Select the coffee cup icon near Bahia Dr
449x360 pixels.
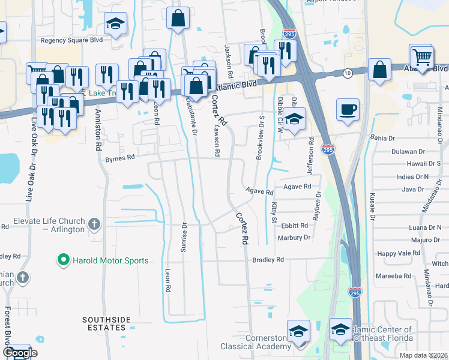pyautogui.click(x=348, y=110)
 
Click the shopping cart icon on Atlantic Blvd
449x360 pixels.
pyautogui.click(x=421, y=57)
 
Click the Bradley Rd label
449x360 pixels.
pyautogui.click(x=268, y=260)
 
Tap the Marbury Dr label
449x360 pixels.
pyautogui.click(x=294, y=238)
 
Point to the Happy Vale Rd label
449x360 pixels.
pyautogui.click(x=399, y=254)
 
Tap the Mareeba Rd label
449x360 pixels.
pyautogui.click(x=394, y=276)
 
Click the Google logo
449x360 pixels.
pyautogui.click(x=20, y=353)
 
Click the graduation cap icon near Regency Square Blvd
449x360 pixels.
pyautogui.click(x=115, y=25)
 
